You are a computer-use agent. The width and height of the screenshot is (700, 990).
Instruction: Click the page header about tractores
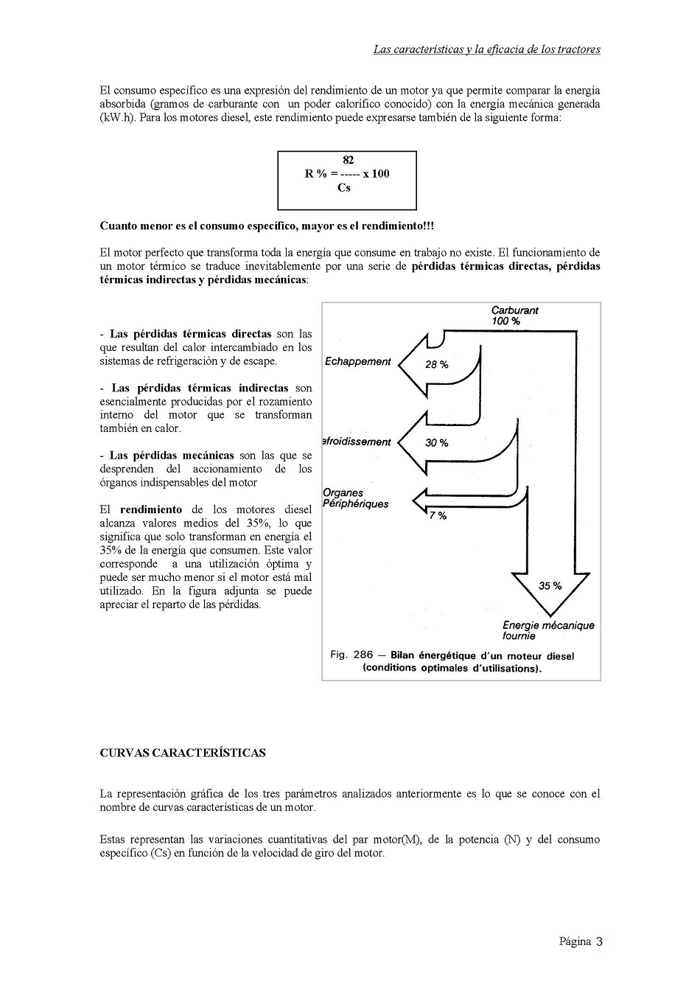tap(486, 49)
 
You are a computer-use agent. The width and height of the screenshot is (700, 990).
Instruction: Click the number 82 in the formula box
tap(348, 160)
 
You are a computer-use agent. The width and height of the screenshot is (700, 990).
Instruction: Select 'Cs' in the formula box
tap(344, 187)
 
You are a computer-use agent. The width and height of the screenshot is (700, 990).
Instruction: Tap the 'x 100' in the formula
tap(376, 174)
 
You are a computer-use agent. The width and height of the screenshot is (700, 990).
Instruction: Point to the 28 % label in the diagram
tap(436, 364)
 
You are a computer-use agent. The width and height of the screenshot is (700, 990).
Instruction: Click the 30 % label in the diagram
tap(436, 442)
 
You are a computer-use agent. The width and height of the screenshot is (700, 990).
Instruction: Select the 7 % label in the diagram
tap(438, 515)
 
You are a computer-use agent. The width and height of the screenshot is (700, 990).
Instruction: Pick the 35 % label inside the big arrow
tap(550, 585)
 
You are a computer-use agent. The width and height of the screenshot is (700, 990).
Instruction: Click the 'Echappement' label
tap(358, 361)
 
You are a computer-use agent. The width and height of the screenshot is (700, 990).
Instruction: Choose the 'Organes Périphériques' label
tap(355, 498)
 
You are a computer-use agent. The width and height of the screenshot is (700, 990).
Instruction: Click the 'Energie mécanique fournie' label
tap(547, 630)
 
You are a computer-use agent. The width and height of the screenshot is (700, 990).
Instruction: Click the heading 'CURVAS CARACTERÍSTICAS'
tap(182, 753)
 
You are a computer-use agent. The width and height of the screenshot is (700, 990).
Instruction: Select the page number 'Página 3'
tap(581, 941)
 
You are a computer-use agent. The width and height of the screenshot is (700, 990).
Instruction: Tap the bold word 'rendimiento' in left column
tap(150, 509)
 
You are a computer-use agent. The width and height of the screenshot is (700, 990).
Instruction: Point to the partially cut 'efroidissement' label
tap(357, 442)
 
